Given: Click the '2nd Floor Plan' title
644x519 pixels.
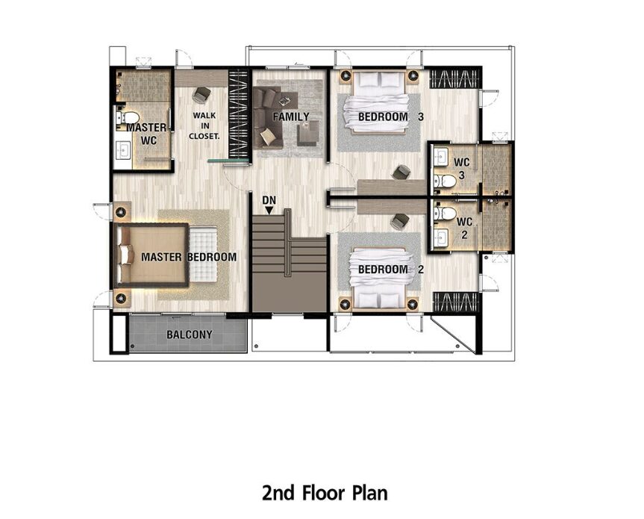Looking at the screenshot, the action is [325, 493].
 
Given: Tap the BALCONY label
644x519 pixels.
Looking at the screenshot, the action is [190, 335].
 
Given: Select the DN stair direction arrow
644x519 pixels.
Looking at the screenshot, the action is [269, 211].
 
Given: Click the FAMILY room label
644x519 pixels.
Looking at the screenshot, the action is [291, 116].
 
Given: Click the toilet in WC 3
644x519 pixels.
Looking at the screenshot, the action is [446, 181].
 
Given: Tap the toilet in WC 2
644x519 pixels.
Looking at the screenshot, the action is [446, 214].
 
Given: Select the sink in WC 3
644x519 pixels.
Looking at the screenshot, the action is [441, 156].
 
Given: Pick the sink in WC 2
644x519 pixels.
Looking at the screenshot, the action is [441, 237].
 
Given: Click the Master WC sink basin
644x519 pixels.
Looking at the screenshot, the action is [123, 150].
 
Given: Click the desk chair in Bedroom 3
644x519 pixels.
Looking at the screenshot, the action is [401, 173].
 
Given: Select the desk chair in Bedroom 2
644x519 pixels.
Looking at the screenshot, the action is [400, 222].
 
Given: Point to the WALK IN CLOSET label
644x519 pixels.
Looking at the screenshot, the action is [204, 125].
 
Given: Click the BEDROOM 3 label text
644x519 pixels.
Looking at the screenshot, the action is [390, 116].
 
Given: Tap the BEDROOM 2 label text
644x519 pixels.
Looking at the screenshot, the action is [390, 270].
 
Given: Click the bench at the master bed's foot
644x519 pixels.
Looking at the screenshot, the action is [203, 255].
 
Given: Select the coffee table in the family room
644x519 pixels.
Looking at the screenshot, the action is [308, 133].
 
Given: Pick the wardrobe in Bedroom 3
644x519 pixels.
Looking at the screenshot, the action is [454, 79].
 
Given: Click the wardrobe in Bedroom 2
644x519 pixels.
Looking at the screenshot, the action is [456, 302].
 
